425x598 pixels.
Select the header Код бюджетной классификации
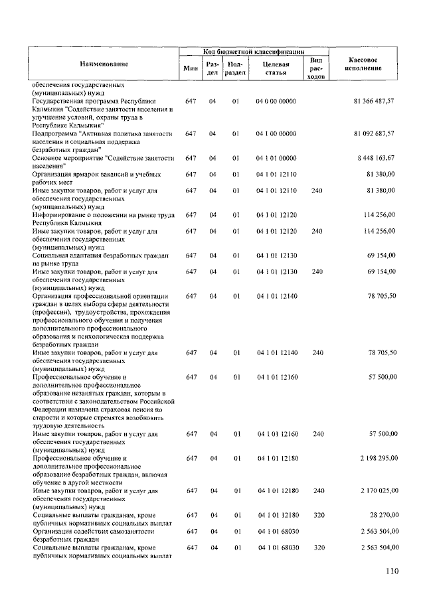(254, 50)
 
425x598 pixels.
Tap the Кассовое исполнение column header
(364, 64)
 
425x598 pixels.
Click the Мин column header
(191, 68)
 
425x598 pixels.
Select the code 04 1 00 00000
(276, 133)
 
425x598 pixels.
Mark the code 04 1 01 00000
(276, 158)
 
